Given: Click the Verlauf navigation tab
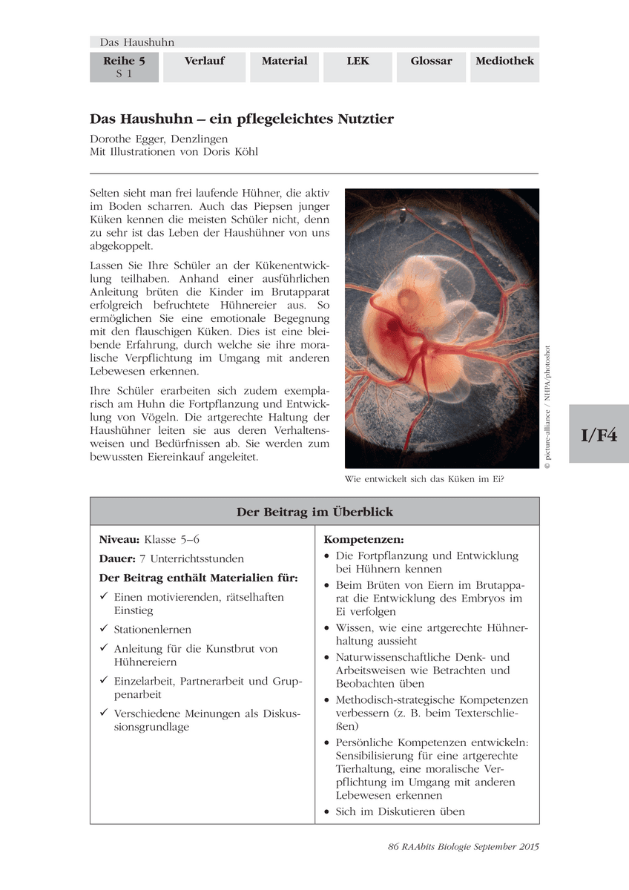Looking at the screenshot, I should [204, 61].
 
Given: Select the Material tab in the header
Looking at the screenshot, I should [284, 61].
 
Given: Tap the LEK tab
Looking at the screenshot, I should [358, 61].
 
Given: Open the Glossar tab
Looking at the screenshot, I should [431, 61].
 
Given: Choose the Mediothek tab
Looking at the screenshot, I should [504, 61].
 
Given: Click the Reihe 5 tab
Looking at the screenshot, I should [124, 61].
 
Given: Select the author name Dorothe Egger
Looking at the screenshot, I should [125, 139].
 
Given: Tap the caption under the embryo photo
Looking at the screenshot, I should [424, 479].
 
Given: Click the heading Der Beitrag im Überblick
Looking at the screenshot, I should [314, 512].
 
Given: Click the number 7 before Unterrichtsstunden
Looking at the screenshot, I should [142, 558].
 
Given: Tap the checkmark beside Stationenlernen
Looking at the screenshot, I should [105, 629].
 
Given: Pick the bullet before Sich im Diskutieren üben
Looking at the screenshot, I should [328, 812].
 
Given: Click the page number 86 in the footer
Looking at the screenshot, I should [394, 847].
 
